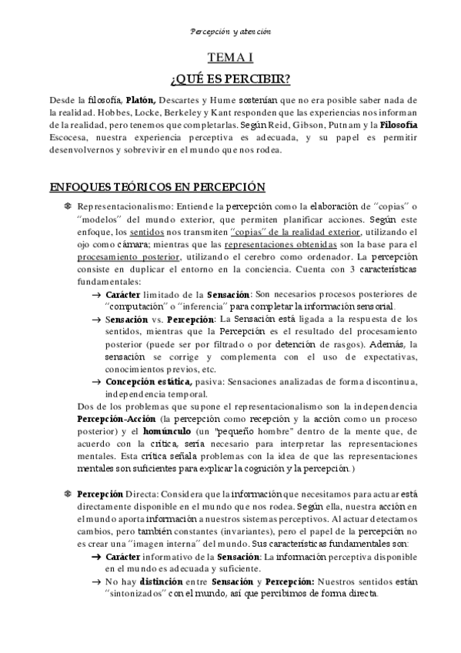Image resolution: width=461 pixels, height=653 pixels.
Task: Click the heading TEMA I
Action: [230, 58]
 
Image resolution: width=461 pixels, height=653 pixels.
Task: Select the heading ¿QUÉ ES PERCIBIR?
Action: [230, 79]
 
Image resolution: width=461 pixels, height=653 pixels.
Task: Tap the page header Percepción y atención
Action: [230, 32]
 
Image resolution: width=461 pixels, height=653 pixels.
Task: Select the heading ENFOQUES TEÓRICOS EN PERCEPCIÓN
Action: [157, 188]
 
